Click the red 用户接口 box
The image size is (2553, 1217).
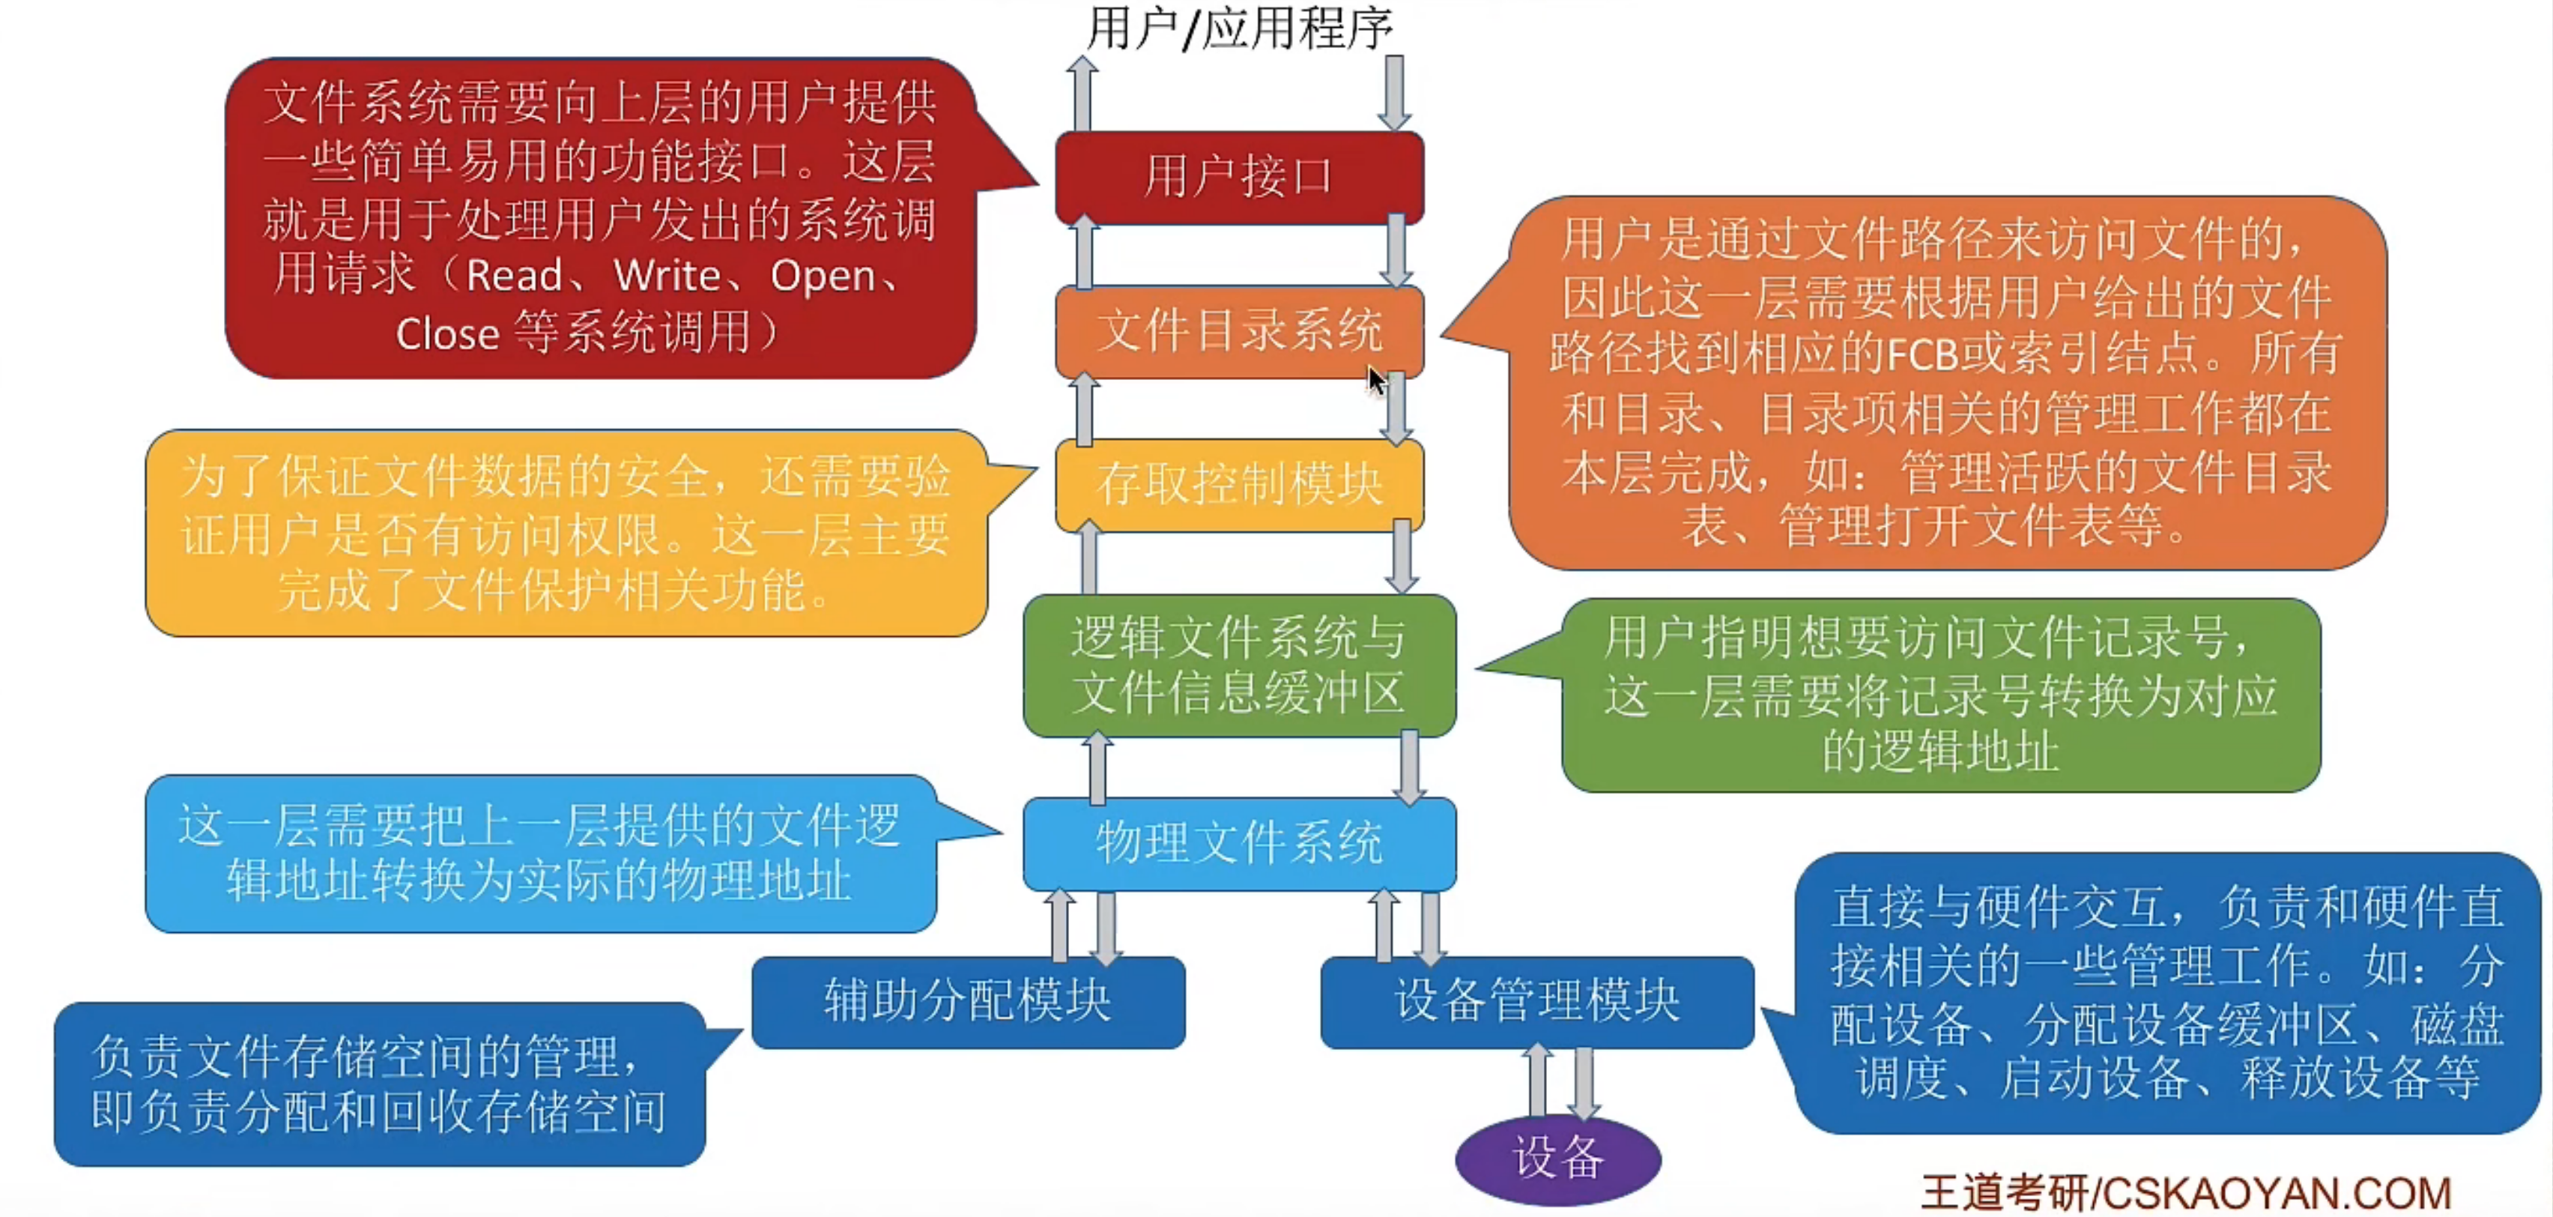1239,176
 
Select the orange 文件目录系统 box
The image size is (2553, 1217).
1239,330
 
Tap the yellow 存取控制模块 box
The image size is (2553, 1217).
1239,485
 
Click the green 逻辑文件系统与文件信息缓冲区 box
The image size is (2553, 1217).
1239,665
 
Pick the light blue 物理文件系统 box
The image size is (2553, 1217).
1239,843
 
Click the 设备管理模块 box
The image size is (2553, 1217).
1536,1001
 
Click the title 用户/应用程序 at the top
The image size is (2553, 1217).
1239,28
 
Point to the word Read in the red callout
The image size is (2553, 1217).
513,277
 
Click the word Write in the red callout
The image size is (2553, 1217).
666,277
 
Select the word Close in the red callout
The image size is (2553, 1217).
447,334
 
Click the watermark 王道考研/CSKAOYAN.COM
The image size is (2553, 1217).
2185,1192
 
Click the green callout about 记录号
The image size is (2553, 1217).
1939,694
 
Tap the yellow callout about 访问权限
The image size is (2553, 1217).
565,533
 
